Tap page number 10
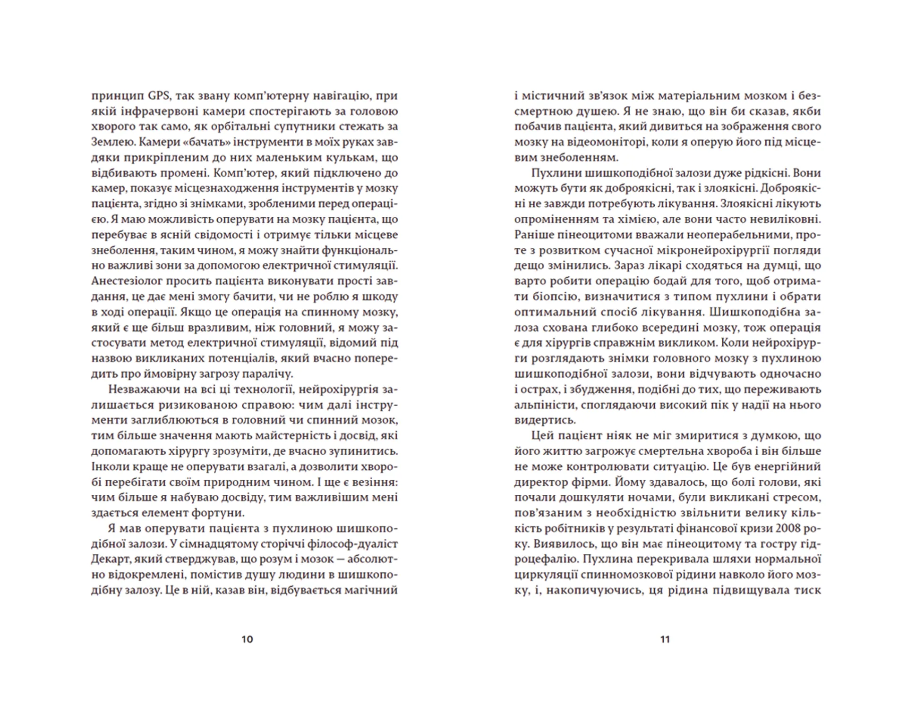(x=247, y=639)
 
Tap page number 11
(x=665, y=639)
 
